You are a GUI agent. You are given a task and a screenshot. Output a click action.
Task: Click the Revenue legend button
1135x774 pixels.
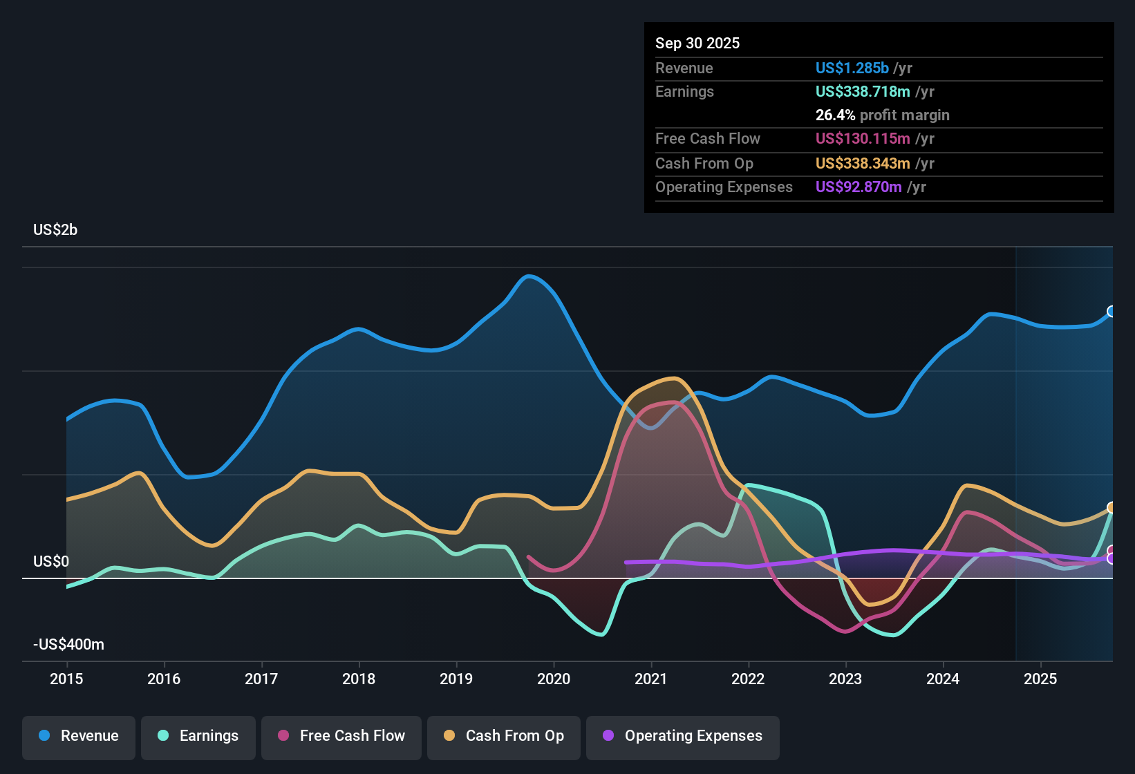click(x=79, y=736)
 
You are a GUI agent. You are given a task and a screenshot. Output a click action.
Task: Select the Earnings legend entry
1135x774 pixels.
click(x=198, y=736)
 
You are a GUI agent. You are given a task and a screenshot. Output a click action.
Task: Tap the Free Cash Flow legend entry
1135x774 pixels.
click(x=341, y=736)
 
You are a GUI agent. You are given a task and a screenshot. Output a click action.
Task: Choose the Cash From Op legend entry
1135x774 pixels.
click(x=504, y=736)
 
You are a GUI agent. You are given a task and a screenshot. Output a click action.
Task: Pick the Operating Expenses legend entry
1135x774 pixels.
click(x=683, y=736)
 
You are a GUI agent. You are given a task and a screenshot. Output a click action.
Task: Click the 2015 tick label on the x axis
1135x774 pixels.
click(x=66, y=679)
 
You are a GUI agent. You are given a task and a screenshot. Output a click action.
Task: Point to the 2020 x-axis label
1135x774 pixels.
click(x=554, y=679)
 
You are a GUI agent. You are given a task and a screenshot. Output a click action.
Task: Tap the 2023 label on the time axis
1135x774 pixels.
click(x=845, y=679)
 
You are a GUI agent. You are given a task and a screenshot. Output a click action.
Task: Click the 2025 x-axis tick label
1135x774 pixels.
click(x=1040, y=679)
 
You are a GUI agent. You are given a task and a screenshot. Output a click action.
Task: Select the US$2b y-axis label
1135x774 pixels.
click(x=55, y=230)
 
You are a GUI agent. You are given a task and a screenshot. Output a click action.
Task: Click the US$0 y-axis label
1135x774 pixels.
click(x=51, y=561)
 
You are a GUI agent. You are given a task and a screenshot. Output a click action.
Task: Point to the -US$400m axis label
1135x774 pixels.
click(x=68, y=645)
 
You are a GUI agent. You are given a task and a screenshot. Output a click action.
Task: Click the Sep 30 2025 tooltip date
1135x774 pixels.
click(x=697, y=44)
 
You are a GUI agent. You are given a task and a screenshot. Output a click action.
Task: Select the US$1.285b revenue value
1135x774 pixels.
click(x=852, y=68)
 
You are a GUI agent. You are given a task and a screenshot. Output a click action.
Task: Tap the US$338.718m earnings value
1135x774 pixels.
click(x=863, y=92)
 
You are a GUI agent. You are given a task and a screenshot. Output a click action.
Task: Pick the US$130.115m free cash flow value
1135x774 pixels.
click(x=863, y=139)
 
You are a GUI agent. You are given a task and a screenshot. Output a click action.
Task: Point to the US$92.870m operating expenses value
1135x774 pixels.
click(x=859, y=187)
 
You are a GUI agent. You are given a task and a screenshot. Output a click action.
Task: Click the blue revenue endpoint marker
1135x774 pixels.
click(x=1111, y=312)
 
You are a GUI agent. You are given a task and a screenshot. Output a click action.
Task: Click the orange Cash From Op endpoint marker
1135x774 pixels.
click(x=1111, y=508)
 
